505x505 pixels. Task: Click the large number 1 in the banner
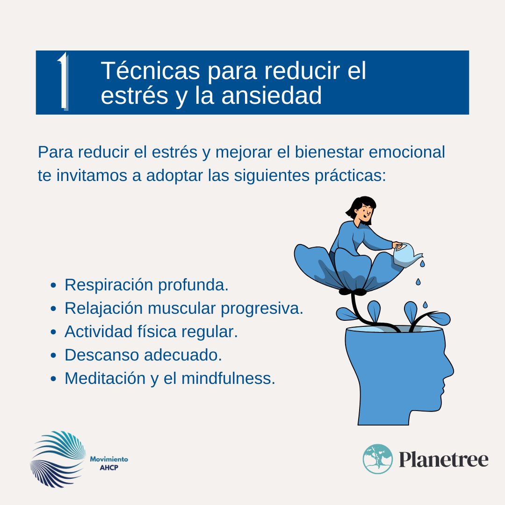click(x=63, y=81)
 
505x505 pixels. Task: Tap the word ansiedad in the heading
click(x=272, y=95)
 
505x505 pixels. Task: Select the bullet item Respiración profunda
click(x=146, y=285)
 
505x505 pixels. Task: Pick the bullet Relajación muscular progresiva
click(x=184, y=308)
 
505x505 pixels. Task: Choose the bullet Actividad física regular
click(x=151, y=332)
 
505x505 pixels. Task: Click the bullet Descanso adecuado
click(x=143, y=355)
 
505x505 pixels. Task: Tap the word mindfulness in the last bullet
click(x=227, y=378)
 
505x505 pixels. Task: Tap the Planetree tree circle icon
click(x=378, y=459)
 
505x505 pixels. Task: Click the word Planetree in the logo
click(x=443, y=459)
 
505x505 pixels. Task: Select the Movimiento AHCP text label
click(x=108, y=463)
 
